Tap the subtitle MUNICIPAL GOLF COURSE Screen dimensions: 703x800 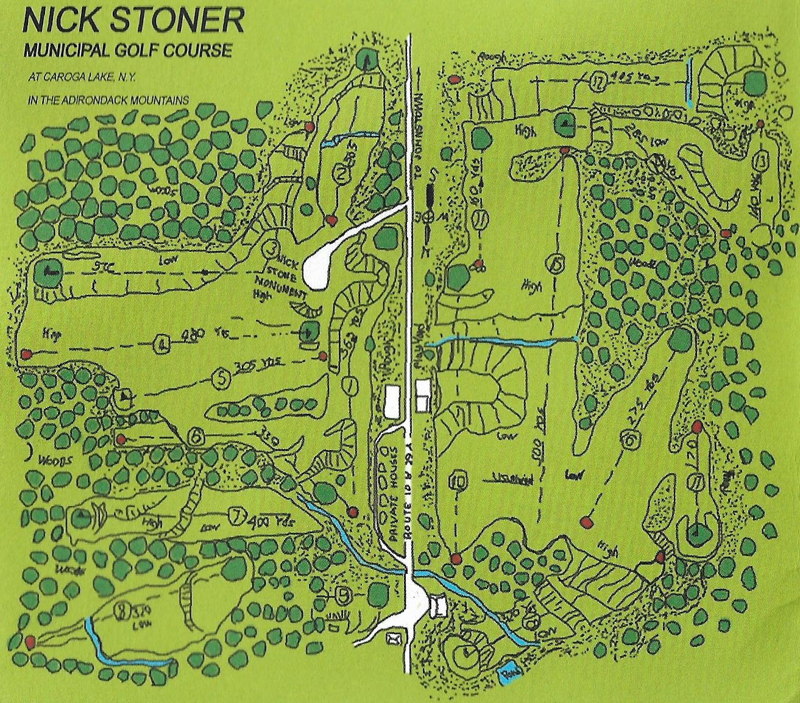tap(128, 50)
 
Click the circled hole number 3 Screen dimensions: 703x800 tap(273, 249)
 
